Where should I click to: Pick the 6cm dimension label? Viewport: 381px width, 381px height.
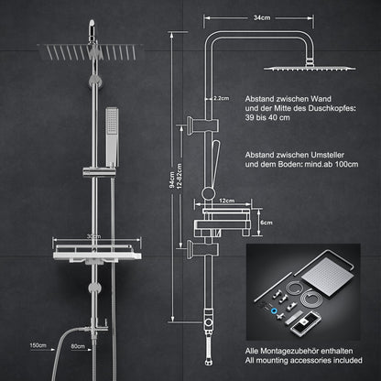coord(267,222)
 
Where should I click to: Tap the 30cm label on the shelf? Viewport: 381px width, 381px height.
coord(92,235)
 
